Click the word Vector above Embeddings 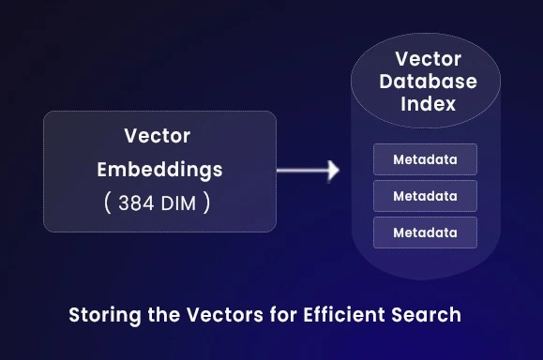coord(158,136)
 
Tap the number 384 coord(136,202)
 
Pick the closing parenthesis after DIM coord(206,202)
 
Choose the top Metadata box coord(425,159)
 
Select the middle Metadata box coord(425,196)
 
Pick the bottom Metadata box coord(425,232)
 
